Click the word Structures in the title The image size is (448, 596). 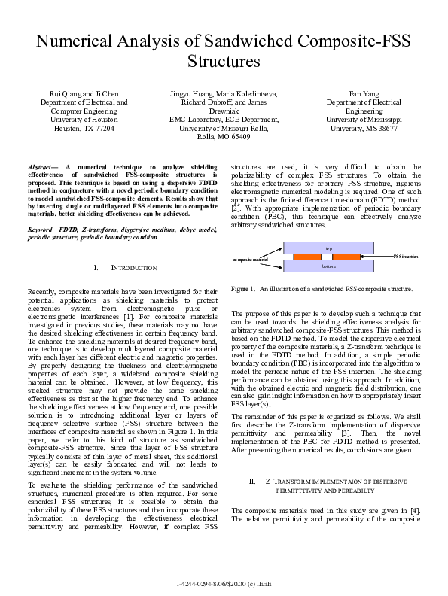pos(224,60)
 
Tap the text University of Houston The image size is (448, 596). pos(84,119)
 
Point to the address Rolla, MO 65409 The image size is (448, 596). pos(223,136)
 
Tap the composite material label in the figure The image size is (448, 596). pos(251,259)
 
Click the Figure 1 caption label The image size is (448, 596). pos(244,288)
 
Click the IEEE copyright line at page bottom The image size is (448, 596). pos(224,584)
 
